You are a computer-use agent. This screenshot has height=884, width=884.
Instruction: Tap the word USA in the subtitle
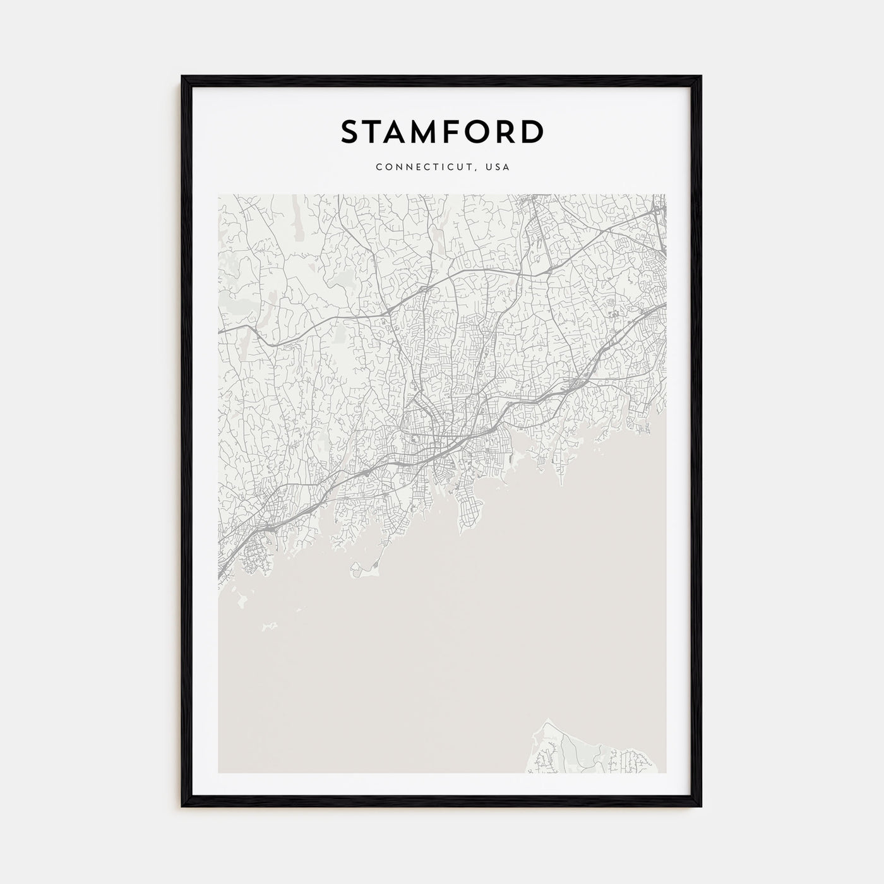(x=498, y=167)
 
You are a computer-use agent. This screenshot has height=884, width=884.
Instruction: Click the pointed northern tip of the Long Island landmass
(x=547, y=719)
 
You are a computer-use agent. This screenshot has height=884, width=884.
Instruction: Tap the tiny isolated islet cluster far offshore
(x=269, y=624)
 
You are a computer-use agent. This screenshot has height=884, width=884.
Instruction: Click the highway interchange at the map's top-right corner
(x=658, y=212)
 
